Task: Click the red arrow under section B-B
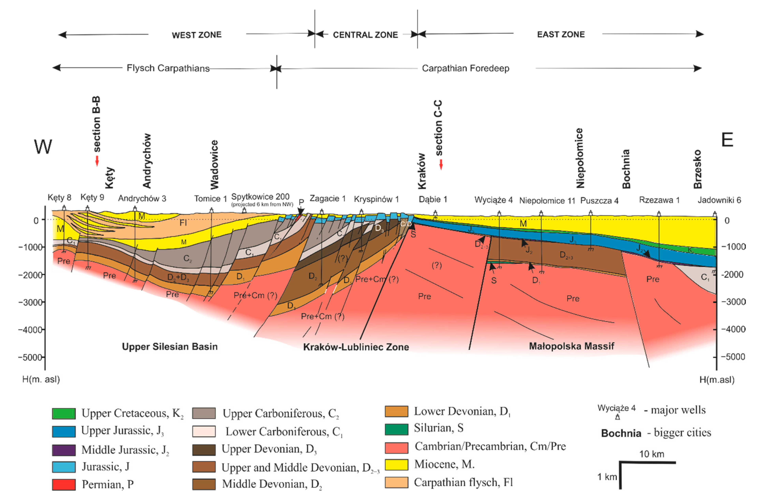click(97, 161)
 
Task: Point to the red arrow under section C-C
click(441, 164)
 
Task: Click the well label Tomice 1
click(211, 199)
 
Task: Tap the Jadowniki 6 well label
click(719, 200)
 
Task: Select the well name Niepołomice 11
click(547, 201)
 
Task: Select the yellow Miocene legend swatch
click(396, 464)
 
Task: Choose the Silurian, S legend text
click(439, 428)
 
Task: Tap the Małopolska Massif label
click(571, 346)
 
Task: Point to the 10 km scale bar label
click(652, 454)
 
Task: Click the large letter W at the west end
click(43, 147)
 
